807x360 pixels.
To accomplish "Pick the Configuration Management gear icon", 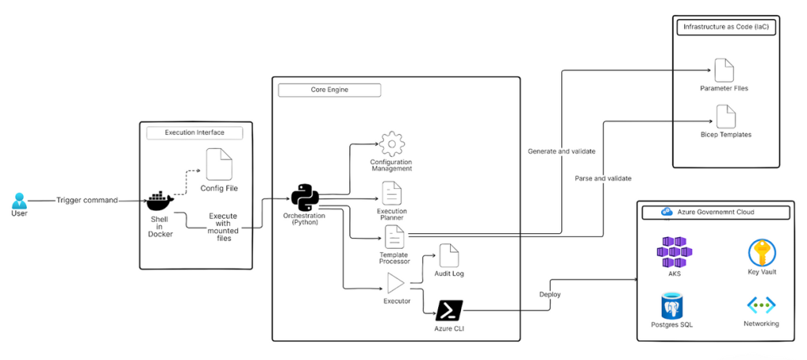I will point(391,145).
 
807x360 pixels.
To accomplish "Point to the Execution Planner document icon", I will point(392,193).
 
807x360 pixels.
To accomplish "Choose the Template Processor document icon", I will point(394,236).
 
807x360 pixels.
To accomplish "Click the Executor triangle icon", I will point(395,284).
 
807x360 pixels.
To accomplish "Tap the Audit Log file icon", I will point(448,255).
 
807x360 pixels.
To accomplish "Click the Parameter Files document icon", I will point(723,71).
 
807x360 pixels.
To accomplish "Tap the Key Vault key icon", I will point(761,254).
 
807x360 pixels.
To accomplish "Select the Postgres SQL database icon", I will point(673,306).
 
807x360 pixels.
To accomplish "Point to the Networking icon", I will point(761,306).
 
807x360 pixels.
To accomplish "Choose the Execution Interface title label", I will point(195,132).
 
